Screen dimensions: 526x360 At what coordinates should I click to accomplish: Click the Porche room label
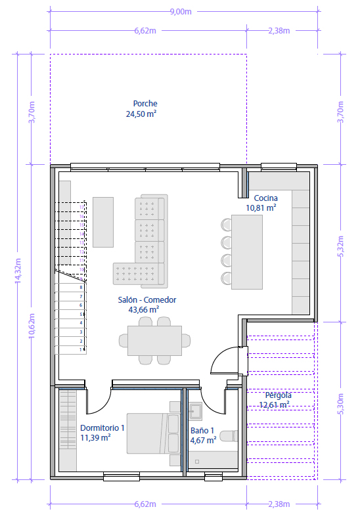pyautogui.click(x=145, y=103)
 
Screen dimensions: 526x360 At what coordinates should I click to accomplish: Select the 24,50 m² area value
pyautogui.click(x=141, y=114)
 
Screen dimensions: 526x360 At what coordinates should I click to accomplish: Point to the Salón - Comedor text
pyautogui.click(x=147, y=299)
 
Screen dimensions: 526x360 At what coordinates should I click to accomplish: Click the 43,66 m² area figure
pyautogui.click(x=143, y=309)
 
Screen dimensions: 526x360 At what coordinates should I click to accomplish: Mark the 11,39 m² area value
pyautogui.click(x=95, y=437)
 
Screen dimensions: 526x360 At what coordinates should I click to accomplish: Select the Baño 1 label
pyautogui.click(x=203, y=431)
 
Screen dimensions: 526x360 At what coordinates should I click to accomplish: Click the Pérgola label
pyautogui.click(x=278, y=395)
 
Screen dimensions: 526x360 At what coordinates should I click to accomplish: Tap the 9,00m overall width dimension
pyautogui.click(x=181, y=11)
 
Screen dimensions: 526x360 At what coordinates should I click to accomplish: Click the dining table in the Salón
pyautogui.click(x=155, y=341)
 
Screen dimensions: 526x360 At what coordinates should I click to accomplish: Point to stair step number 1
pyautogui.click(x=81, y=350)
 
